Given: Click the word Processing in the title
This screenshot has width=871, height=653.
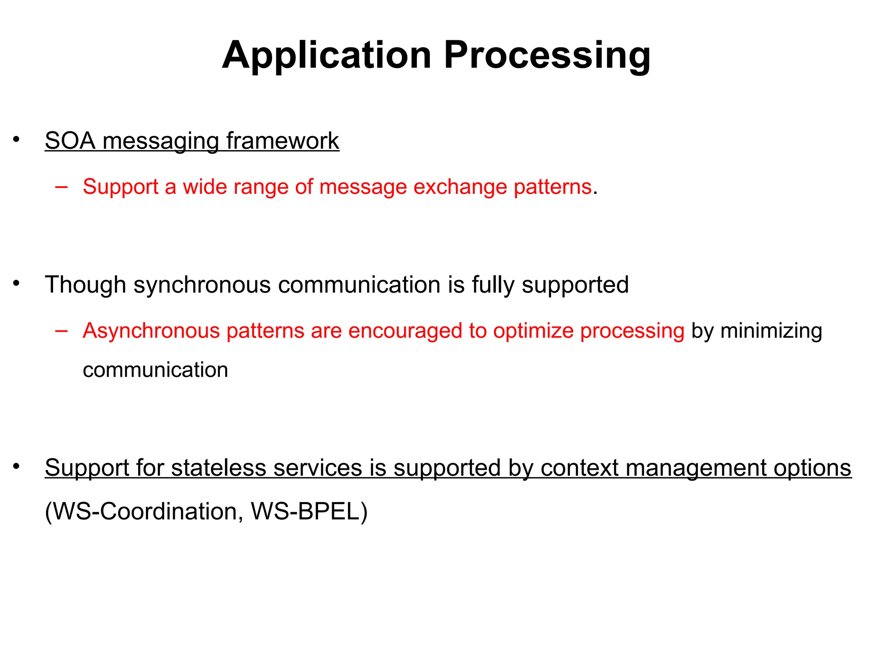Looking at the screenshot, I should click(547, 55).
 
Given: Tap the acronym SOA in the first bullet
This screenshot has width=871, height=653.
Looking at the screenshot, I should click(70, 141).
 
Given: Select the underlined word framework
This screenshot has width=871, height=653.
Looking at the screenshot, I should click(283, 141).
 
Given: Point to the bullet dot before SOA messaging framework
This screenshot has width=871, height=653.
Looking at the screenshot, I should click(16, 139).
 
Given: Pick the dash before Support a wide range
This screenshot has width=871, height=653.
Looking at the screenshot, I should click(61, 187).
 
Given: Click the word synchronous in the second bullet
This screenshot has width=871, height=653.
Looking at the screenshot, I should click(202, 285).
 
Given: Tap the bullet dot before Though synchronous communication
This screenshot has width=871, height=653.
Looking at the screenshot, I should click(16, 283).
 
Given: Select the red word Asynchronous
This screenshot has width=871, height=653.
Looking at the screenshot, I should click(151, 331).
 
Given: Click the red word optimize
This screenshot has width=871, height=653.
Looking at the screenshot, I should click(533, 331).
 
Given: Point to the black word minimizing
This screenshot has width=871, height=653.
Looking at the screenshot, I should click(771, 331).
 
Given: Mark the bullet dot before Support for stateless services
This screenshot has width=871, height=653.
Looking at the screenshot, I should click(16, 466).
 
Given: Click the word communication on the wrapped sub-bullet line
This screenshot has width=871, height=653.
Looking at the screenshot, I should click(155, 370).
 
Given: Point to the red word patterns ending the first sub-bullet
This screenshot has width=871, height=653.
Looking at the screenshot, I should click(552, 187).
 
